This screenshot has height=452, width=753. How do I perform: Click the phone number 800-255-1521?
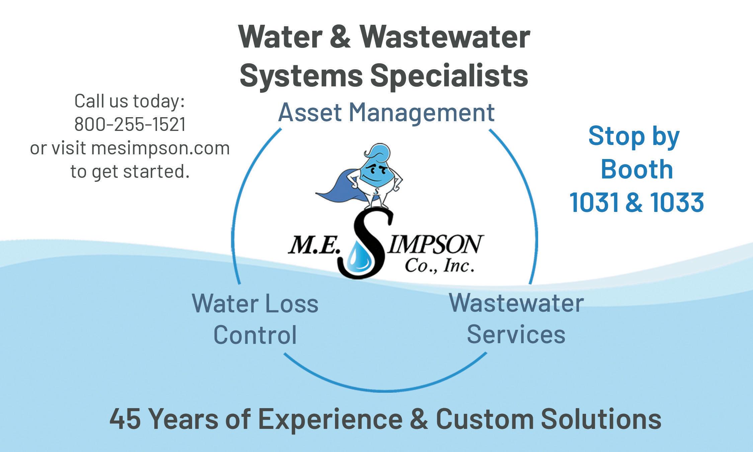130,124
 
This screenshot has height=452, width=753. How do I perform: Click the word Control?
255,335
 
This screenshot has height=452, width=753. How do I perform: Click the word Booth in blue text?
637,169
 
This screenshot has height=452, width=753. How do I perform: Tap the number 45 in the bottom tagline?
125,419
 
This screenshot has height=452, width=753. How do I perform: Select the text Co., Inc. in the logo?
439,267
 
